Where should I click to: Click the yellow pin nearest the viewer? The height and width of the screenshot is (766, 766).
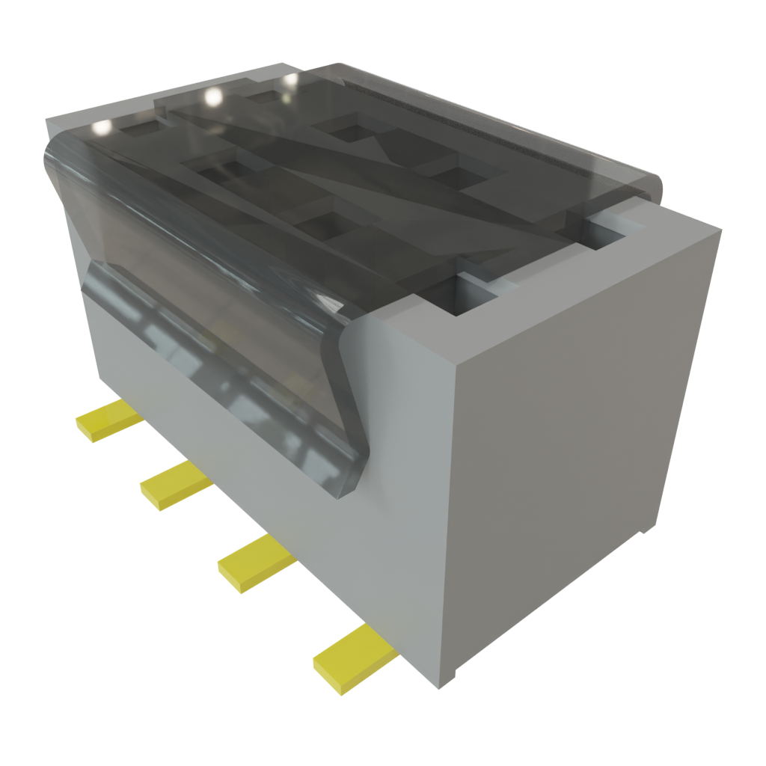353,659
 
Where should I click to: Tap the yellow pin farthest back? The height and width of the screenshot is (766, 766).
108,421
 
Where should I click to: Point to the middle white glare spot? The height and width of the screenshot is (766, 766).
212,96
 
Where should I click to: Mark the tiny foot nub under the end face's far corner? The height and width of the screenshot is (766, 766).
643,532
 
